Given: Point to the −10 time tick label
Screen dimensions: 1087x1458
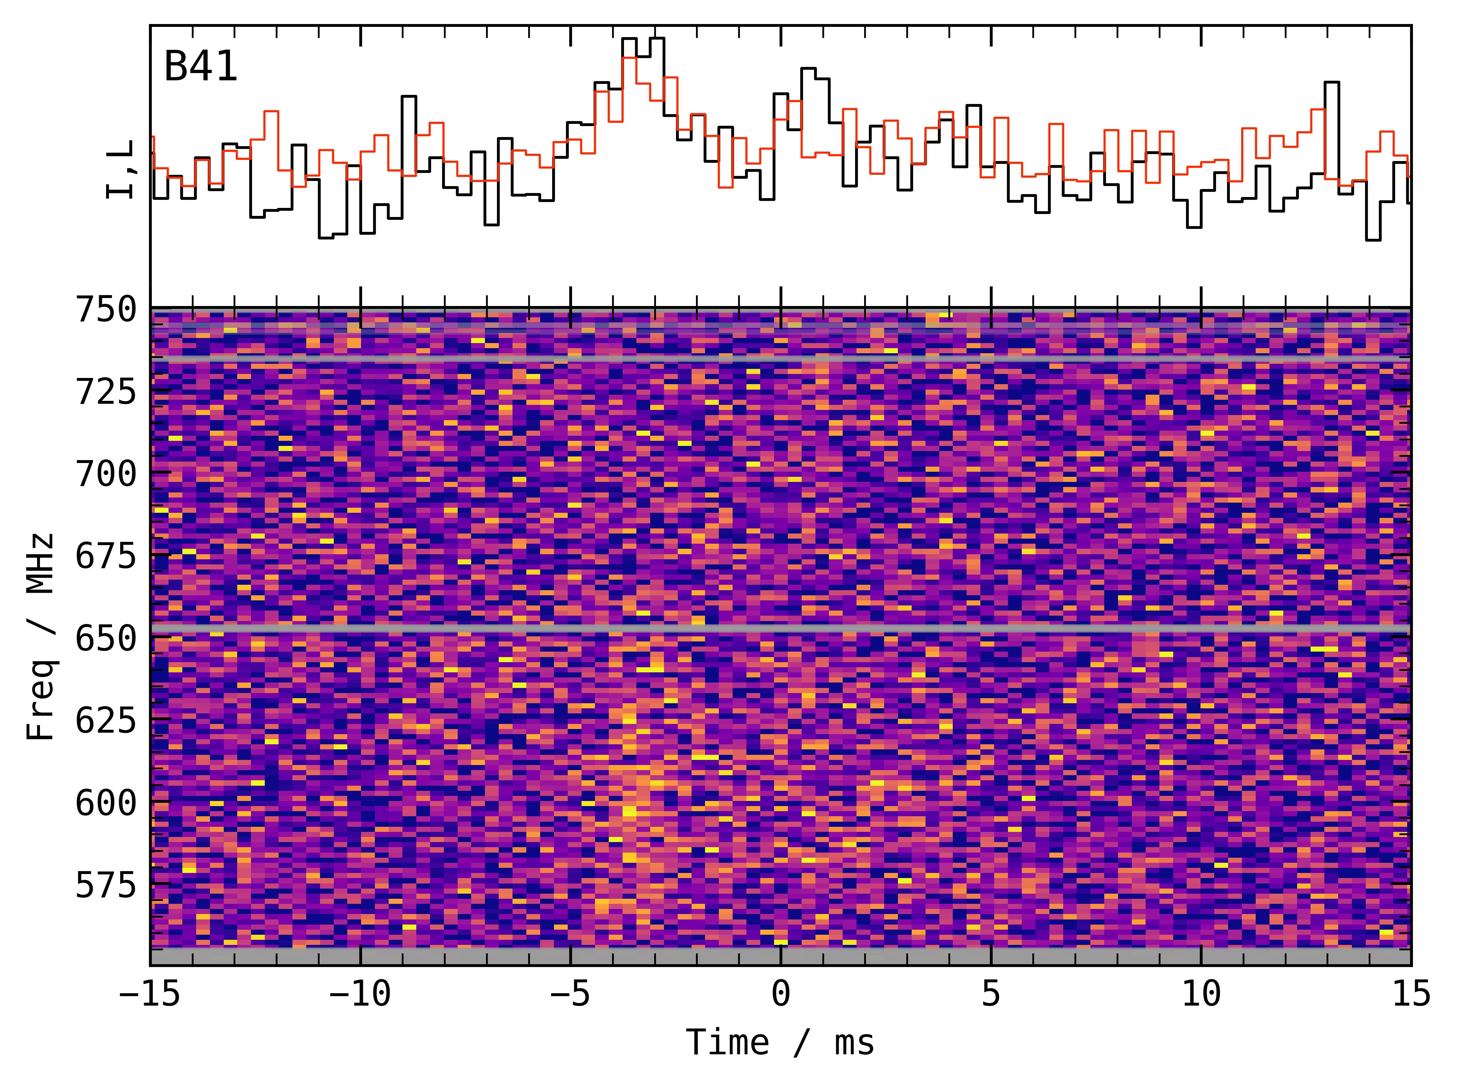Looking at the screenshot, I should point(360,994).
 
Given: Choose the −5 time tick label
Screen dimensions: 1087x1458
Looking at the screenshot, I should point(570,994).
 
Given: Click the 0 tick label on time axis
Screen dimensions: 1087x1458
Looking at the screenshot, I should point(781,994).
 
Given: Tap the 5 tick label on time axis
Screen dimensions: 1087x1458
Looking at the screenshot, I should point(991,994).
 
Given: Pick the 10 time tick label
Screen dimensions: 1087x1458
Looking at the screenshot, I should point(1202,994).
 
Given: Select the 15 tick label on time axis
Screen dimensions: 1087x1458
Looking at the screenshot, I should point(1411,994).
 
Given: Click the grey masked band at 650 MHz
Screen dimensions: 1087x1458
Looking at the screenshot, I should point(781,630).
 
